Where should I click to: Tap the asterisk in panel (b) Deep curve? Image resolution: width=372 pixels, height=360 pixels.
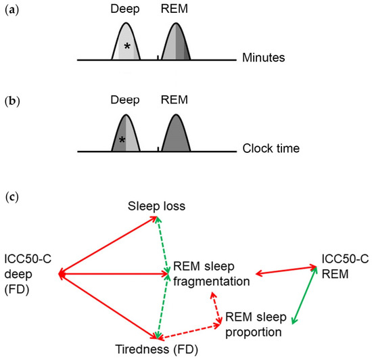122,140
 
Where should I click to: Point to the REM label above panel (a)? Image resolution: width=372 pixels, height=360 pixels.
176,11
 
